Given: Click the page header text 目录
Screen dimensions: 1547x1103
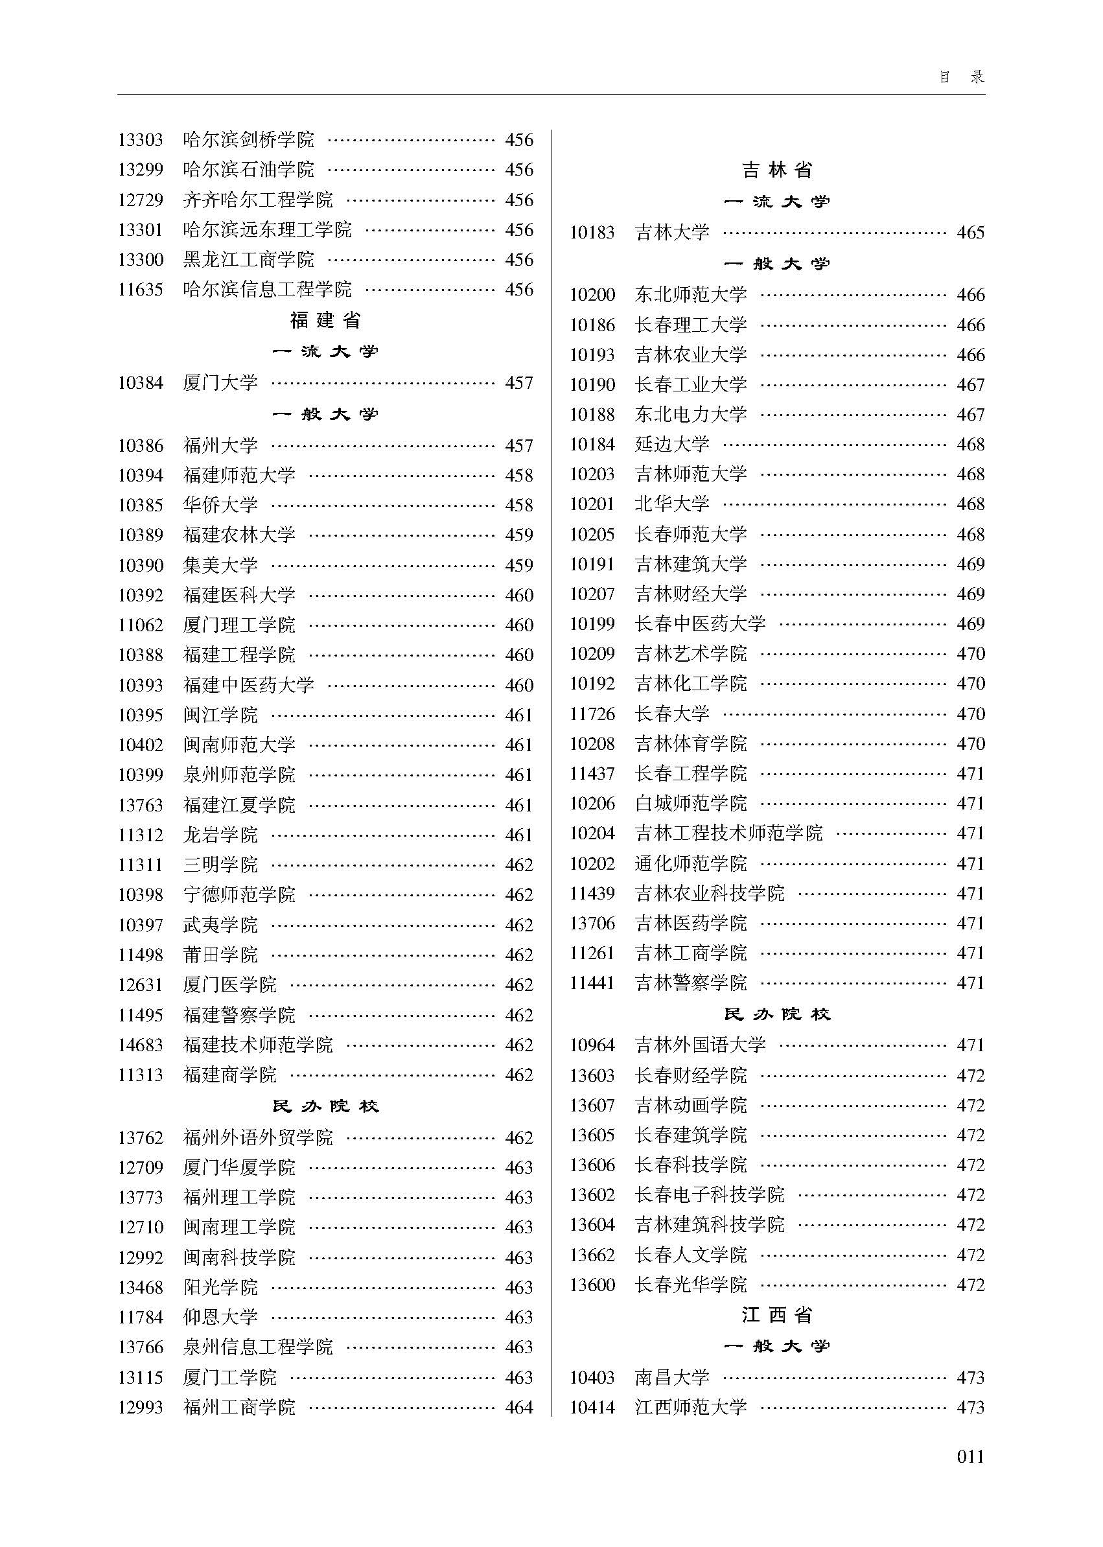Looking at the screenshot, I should [x=961, y=76].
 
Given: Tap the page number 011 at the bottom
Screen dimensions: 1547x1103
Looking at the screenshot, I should [x=970, y=1456].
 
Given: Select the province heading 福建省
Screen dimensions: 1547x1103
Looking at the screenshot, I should [x=325, y=320].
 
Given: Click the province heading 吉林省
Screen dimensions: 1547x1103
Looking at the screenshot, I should [x=777, y=170].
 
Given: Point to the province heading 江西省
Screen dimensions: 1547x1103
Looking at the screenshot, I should [x=777, y=1315].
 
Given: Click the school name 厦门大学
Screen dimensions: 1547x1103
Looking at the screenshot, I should [x=220, y=383].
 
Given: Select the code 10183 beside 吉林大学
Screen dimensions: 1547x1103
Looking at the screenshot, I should [x=592, y=233].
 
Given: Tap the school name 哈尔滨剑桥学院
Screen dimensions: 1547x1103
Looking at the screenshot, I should [x=249, y=140].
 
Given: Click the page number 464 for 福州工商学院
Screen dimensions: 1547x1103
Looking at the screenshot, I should [x=519, y=1407].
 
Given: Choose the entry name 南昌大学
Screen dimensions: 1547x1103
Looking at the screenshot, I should [x=672, y=1377].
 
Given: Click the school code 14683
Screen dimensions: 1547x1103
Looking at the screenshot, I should [x=141, y=1045].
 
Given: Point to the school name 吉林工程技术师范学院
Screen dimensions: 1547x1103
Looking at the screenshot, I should [x=728, y=833].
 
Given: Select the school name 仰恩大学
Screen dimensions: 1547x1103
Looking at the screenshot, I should [x=220, y=1317].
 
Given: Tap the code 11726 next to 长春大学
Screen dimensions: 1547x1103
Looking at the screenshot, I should [x=592, y=714].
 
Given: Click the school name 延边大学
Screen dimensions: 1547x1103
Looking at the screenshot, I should [x=672, y=445].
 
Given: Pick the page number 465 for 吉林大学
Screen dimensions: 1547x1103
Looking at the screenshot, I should [x=971, y=233].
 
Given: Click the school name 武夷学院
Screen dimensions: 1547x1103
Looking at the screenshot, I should [x=220, y=925].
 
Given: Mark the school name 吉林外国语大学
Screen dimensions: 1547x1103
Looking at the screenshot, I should [x=701, y=1045].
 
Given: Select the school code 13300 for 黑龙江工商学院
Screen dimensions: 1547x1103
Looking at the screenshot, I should [x=141, y=259].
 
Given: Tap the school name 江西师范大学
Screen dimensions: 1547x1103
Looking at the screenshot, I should [x=691, y=1407].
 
